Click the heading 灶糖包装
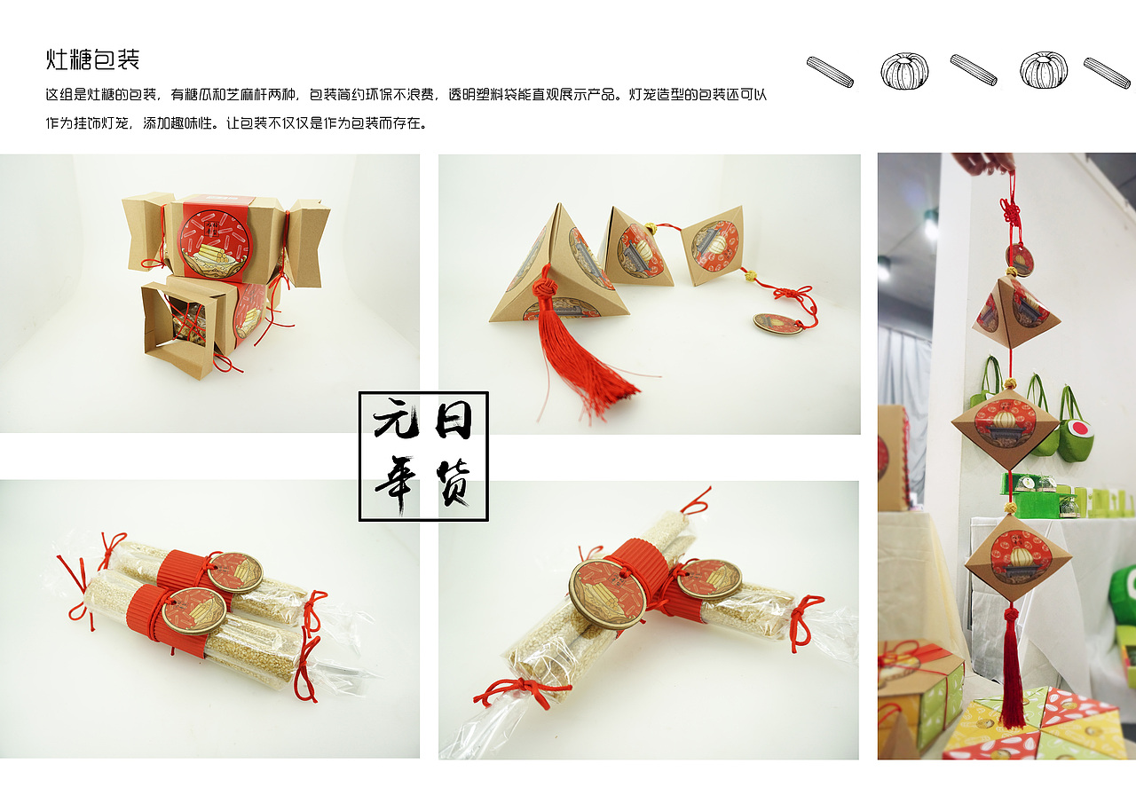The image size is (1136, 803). [92, 59]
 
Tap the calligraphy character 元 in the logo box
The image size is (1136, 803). [397, 420]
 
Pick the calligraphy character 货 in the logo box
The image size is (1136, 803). [454, 482]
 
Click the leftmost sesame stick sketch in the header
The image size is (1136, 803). [830, 72]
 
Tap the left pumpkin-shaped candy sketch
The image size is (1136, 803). [904, 72]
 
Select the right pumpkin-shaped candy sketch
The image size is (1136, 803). [1044, 70]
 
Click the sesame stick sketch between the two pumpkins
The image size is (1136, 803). [974, 69]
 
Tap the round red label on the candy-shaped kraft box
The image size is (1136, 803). [215, 244]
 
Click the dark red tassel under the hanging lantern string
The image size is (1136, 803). [1012, 669]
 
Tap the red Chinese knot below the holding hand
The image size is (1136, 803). [1010, 213]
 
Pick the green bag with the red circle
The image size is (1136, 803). [1075, 431]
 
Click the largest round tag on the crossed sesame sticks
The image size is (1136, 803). [606, 594]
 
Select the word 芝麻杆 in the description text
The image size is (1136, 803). [247, 95]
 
